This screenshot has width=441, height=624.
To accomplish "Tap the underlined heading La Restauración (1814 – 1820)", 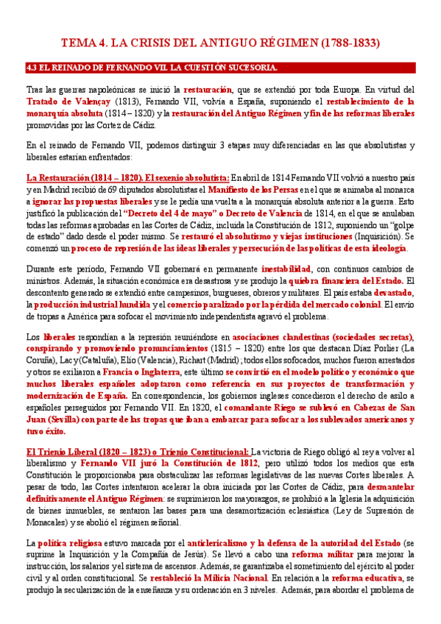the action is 83,177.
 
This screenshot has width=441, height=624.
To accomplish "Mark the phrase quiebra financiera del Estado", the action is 353,282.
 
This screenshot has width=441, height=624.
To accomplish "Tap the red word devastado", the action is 390,294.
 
